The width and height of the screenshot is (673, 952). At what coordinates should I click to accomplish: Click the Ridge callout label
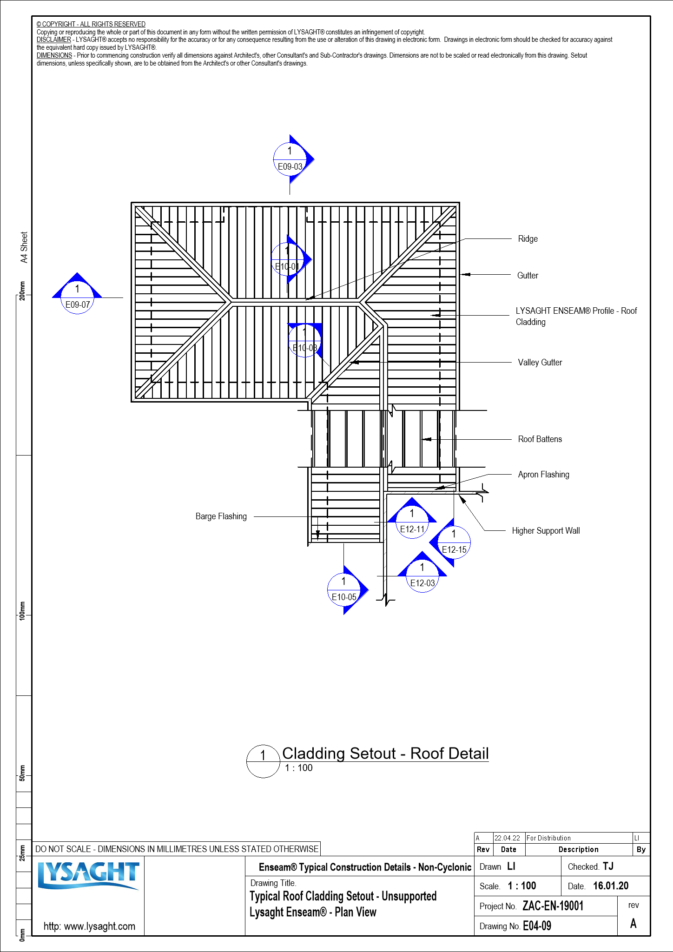[528, 239]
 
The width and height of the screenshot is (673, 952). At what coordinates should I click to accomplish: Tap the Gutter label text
[528, 276]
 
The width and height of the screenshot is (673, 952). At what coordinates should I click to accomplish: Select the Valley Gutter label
[540, 363]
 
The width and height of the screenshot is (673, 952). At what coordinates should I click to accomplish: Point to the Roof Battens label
[540, 439]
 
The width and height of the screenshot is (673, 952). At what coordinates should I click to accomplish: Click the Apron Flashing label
[543, 475]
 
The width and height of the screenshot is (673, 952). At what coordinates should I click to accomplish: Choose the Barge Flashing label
[221, 516]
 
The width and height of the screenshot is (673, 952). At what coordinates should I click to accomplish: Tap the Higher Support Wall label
[546, 531]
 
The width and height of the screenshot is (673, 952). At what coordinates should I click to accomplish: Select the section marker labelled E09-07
[77, 297]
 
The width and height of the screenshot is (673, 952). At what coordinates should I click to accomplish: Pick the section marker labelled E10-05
[344, 590]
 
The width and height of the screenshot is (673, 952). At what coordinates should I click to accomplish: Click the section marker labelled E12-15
[454, 542]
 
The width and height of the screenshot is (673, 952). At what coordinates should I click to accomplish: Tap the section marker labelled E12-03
[422, 575]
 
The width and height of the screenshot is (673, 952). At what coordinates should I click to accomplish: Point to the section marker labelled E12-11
[412, 522]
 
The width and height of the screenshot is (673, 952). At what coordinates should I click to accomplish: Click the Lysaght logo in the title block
[88, 876]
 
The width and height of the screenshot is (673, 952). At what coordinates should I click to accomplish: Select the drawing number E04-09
[537, 926]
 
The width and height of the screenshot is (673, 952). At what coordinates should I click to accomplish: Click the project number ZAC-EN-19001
[553, 906]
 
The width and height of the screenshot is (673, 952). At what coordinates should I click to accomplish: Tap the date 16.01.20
[610, 886]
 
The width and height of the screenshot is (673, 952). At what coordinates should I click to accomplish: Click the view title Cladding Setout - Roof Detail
[385, 754]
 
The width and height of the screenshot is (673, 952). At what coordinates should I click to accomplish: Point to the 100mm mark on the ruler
[22, 610]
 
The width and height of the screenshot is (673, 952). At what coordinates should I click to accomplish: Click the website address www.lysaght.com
[89, 926]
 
